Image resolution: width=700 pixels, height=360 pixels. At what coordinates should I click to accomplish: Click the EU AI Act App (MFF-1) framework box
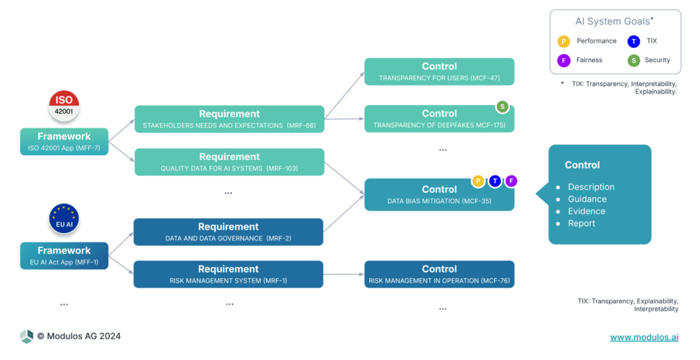click(x=64, y=255)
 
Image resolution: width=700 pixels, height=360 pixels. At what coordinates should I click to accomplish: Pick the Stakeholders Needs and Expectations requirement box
click(x=229, y=119)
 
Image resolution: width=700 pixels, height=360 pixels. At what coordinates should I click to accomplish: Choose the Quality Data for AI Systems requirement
click(x=229, y=162)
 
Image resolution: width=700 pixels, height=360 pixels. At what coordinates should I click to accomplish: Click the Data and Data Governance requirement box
click(x=229, y=232)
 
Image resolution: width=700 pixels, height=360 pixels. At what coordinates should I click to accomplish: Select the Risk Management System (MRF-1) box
click(x=229, y=274)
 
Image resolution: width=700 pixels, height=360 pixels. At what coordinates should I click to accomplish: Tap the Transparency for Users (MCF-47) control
click(x=439, y=72)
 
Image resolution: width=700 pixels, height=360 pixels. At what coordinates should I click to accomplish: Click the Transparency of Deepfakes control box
click(x=439, y=119)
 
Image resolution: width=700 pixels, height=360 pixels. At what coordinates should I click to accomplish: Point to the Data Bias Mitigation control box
click(x=439, y=195)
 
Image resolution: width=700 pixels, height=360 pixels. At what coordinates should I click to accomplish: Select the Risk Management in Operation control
click(x=439, y=274)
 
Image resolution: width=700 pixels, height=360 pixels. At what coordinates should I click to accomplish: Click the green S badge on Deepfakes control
click(x=502, y=107)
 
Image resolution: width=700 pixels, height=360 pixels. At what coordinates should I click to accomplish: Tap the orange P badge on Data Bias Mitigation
click(x=479, y=181)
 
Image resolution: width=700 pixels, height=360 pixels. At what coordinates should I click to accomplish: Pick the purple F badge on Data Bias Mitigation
click(x=511, y=181)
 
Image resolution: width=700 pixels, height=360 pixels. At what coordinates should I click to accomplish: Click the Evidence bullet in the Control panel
click(x=586, y=211)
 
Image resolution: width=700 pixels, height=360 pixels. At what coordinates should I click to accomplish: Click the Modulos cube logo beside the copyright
click(x=27, y=336)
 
